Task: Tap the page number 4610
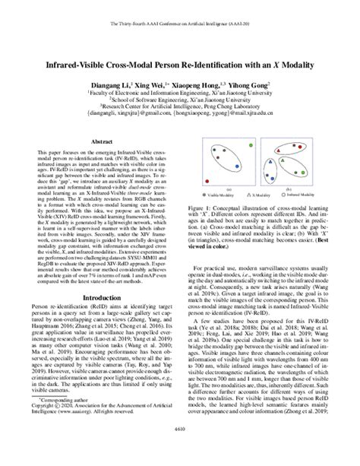(x=180, y=454)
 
